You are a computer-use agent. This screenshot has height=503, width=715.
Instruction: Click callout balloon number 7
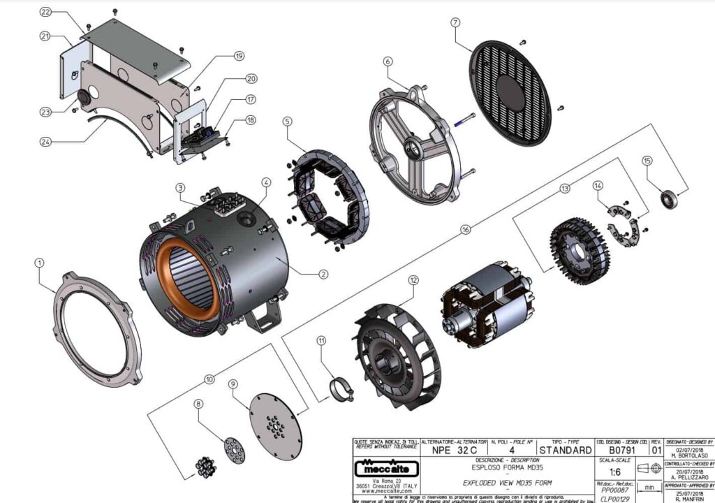point(455,22)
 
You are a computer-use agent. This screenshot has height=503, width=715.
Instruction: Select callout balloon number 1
point(39,263)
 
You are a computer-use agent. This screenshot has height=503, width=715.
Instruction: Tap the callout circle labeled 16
point(466,228)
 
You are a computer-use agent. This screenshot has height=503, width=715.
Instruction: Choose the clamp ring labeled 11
point(341,389)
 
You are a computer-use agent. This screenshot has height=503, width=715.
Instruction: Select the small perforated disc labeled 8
point(235,451)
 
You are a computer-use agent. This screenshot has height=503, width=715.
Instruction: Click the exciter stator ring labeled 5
point(328,198)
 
